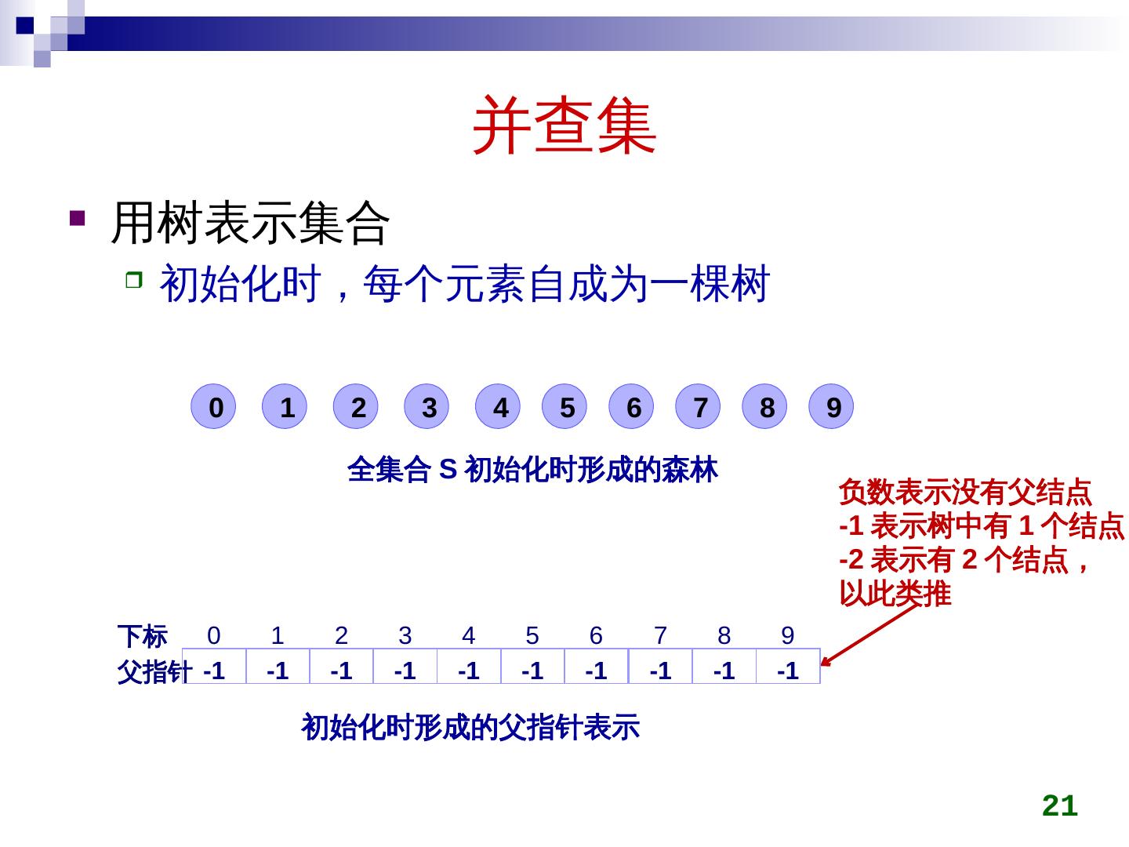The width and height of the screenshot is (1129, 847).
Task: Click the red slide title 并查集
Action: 564,125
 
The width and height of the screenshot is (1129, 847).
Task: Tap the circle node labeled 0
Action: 213,406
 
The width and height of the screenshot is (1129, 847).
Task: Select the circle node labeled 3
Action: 427,406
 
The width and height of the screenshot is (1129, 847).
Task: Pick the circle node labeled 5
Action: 564,406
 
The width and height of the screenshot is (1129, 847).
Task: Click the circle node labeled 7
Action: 698,406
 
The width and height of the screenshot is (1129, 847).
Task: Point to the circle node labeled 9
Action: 831,406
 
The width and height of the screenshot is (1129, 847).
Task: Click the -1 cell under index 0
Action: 215,666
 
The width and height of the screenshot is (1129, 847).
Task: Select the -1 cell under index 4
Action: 469,666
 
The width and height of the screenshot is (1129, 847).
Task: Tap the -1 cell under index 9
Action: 788,666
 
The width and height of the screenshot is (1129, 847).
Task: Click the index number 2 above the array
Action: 341,635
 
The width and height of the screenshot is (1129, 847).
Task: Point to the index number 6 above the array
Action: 596,635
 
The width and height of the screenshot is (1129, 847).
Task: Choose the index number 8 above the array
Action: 724,635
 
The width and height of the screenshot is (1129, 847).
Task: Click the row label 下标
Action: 143,637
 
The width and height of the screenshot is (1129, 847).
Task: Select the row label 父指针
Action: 154,671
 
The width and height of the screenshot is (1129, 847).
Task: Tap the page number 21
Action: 1060,805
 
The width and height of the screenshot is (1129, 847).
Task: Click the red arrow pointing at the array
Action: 869,635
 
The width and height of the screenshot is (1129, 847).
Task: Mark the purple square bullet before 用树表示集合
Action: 77,218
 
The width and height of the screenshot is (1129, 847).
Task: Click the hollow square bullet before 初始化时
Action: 134,280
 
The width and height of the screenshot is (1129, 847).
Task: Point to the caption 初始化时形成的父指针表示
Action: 470,727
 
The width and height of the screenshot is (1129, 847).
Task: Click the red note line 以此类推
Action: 895,594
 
